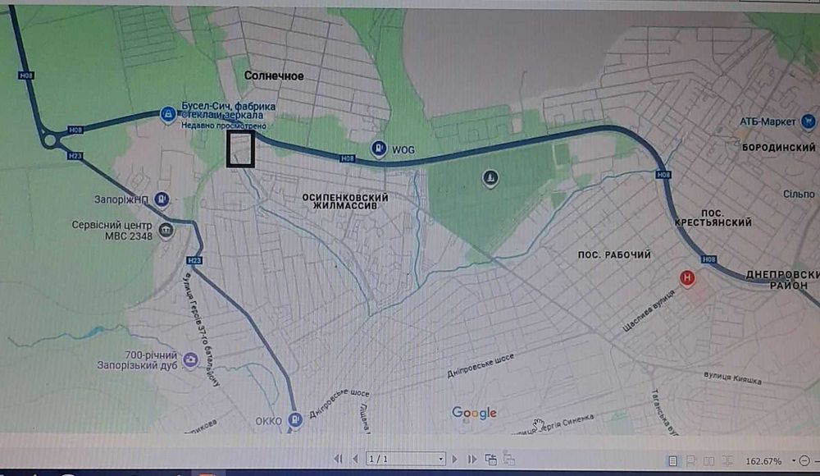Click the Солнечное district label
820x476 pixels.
[x=274, y=76]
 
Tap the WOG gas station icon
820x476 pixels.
[x=379, y=149]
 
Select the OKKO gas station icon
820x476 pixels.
[x=295, y=419]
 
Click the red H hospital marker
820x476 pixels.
[x=688, y=279]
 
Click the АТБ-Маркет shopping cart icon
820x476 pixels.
[x=809, y=121]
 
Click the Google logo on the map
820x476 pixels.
[x=474, y=413]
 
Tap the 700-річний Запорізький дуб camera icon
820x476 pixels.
[x=190, y=359]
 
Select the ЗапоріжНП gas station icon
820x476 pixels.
[x=162, y=198]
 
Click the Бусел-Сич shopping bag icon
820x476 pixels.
[x=167, y=114]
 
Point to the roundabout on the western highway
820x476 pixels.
[x=51, y=142]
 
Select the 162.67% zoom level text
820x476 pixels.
[x=763, y=460]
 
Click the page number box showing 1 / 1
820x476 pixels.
[x=405, y=459]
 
